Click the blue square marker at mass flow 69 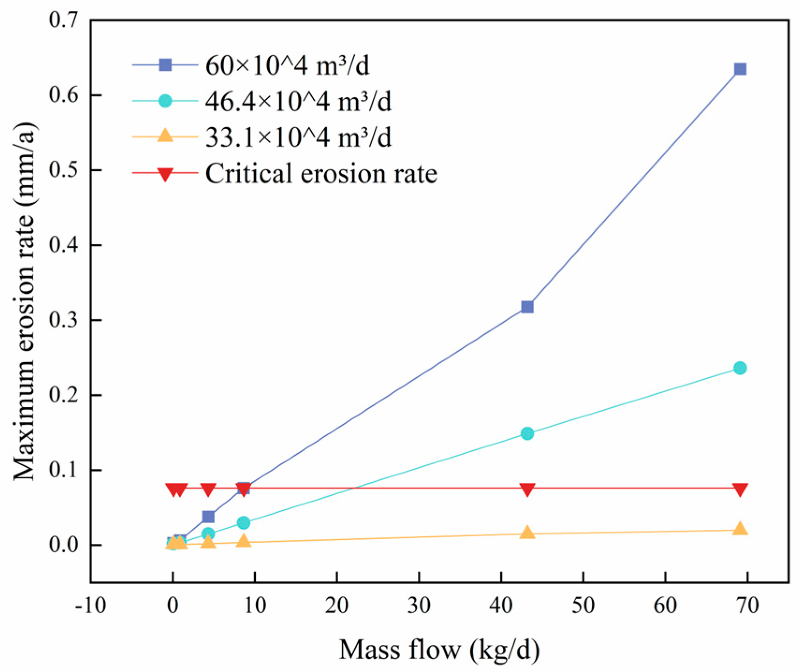click(740, 69)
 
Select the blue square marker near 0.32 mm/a click(527, 307)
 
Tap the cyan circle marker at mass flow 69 click(740, 368)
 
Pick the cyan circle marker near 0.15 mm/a click(527, 433)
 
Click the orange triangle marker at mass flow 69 click(740, 529)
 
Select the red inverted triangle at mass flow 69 click(740, 489)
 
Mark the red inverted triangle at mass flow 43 click(527, 489)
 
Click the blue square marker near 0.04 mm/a click(208, 517)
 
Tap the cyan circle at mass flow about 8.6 click(243, 522)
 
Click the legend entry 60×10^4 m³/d click(287, 66)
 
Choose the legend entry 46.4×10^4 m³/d click(298, 101)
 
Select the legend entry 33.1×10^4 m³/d click(298, 138)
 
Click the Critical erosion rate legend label click(321, 174)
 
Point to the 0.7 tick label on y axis click(63, 20)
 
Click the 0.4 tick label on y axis click(63, 245)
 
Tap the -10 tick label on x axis click(91, 606)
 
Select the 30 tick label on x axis click(419, 606)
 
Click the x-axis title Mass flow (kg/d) click(439, 650)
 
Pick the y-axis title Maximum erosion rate click(24, 301)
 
